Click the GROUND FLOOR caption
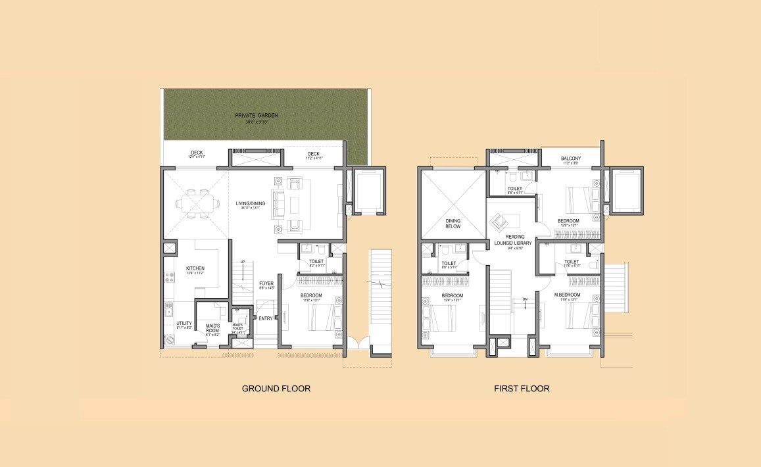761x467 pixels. pos(276,389)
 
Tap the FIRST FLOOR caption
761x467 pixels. pos(522,389)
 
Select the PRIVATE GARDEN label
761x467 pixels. pos(257,116)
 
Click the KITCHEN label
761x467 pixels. pos(195,268)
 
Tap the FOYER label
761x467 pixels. pos(266,283)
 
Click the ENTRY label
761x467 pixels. pos(265,319)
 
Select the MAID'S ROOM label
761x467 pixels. pos(212,327)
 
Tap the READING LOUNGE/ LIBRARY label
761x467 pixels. pos(516,240)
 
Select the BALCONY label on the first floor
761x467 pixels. pos(570,159)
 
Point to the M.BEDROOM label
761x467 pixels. pos(568,295)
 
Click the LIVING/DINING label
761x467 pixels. pos(250,203)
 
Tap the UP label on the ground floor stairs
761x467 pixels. pos(243,261)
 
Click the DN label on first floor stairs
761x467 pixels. pos(524,299)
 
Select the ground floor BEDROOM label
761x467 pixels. pos(310,295)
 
